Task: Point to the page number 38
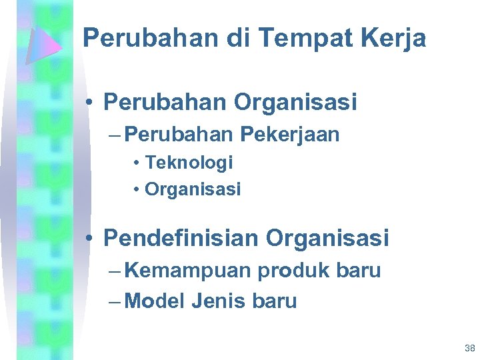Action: coord(469,348)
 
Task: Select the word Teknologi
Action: coord(189,162)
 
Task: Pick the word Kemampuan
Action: coord(188,271)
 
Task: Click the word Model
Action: coord(154,301)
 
